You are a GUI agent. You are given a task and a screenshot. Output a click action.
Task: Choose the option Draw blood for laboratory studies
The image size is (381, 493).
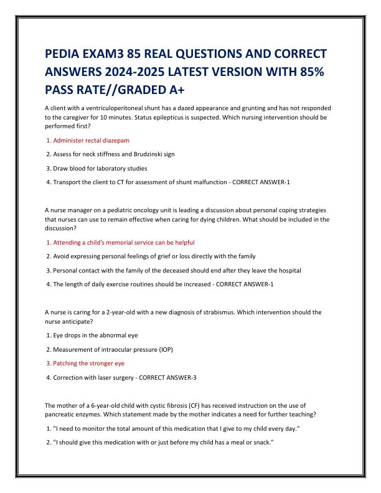(100, 168)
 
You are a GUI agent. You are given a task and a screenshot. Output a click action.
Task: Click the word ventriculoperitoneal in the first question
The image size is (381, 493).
(117, 108)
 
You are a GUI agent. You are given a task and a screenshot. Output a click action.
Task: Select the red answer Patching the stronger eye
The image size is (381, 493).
(88, 363)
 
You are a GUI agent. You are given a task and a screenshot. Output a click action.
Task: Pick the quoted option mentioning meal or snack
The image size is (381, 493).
(163, 442)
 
